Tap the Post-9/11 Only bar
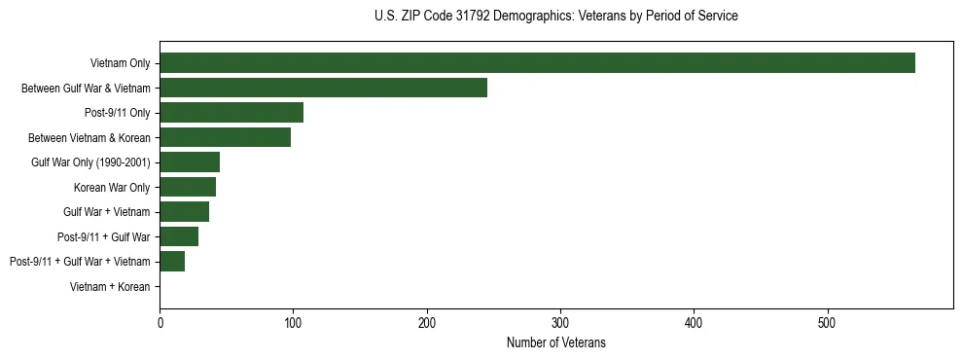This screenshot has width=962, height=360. click(232, 112)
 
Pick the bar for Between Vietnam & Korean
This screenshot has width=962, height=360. click(225, 137)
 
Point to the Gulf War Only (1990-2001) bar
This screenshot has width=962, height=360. click(190, 162)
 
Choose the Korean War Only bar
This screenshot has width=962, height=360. click(188, 187)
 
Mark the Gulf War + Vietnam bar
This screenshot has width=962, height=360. click(184, 211)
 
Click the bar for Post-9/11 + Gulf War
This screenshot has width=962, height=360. click(179, 236)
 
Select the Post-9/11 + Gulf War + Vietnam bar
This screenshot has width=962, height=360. click(172, 261)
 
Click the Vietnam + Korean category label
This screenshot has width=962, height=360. click(110, 287)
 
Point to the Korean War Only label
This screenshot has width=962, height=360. click(112, 187)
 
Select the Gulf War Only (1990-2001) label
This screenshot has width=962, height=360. click(90, 162)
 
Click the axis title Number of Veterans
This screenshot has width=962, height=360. click(556, 342)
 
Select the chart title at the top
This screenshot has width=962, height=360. click(555, 17)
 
